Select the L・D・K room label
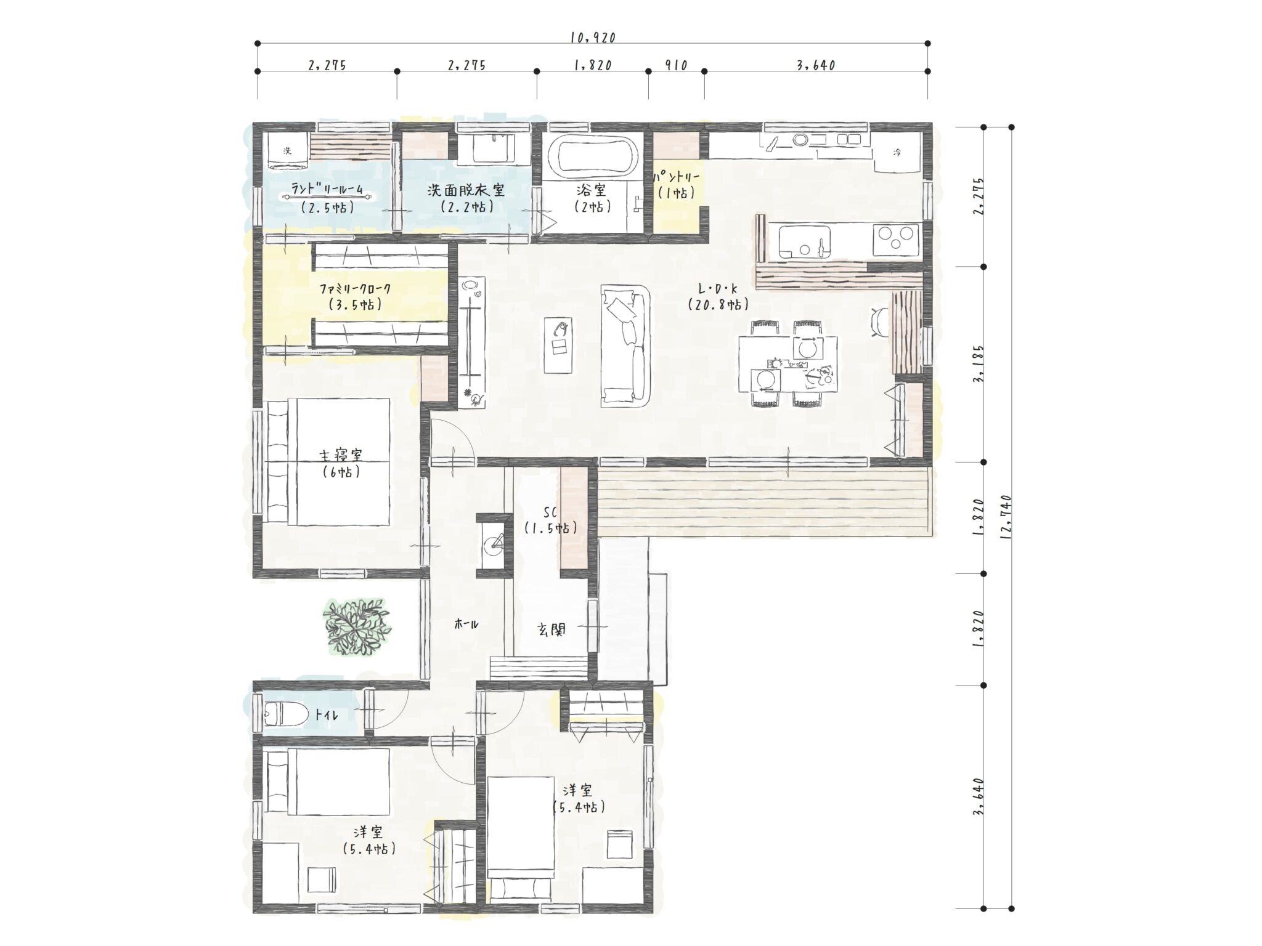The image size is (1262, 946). tap(718, 288)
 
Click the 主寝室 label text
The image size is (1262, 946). tap(341, 455)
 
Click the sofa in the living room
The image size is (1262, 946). tap(625, 346)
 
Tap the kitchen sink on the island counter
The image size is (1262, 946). tap(805, 242)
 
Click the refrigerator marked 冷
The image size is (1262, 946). tap(898, 153)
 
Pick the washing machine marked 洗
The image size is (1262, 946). tap(287, 151)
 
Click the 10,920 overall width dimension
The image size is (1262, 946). tap(593, 38)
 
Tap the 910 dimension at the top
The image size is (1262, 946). tap(676, 65)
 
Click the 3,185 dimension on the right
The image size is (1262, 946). tap(979, 363)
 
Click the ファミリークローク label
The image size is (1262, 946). tap(355, 289)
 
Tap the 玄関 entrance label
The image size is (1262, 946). tap(550, 629)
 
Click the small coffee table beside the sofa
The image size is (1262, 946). tap(560, 346)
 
